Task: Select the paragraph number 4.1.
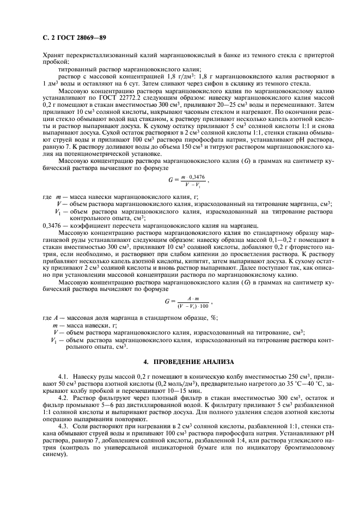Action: point(64,376)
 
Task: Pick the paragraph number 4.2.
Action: point(64,398)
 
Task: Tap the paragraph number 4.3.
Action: point(64,425)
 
